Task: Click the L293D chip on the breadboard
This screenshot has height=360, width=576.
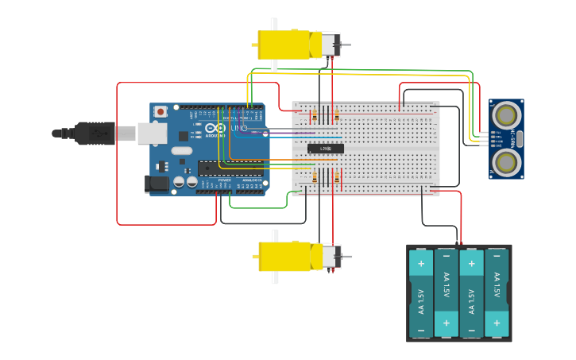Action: pyautogui.click(x=326, y=149)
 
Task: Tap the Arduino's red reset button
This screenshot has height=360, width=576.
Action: pyautogui.click(x=161, y=112)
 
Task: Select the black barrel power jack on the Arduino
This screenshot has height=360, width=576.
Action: pyautogui.click(x=157, y=184)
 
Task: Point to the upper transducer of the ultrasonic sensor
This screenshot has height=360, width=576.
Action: pyautogui.click(x=505, y=116)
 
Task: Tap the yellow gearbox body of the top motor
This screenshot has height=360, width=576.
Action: pyautogui.click(x=283, y=45)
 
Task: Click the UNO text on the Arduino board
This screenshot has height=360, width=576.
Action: pyautogui.click(x=239, y=128)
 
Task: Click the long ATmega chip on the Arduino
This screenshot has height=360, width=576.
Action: pyautogui.click(x=230, y=168)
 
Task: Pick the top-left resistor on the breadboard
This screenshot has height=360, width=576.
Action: pyautogui.click(x=315, y=116)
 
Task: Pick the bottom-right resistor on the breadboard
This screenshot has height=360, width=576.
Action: pyautogui.click(x=336, y=177)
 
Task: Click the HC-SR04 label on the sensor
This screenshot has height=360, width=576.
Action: pyautogui.click(x=514, y=138)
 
